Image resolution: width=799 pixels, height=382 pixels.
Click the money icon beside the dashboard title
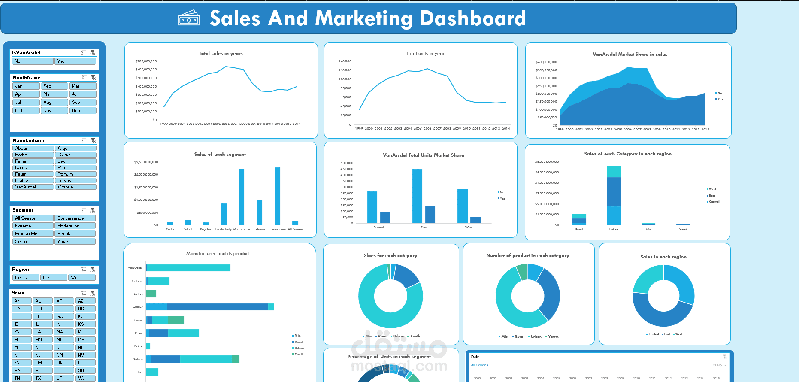tap(189, 18)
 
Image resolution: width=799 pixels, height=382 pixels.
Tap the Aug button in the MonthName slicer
tap(54, 103)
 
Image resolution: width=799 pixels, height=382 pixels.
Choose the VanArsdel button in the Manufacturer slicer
tap(33, 187)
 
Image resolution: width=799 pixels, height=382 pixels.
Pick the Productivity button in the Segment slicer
tap(33, 234)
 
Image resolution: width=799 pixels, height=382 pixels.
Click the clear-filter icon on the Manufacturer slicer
tap(93, 141)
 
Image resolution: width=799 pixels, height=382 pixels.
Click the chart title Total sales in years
tap(221, 54)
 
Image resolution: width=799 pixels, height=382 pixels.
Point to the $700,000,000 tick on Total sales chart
tap(146, 61)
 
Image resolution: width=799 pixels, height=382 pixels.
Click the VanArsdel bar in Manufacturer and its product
tap(188, 268)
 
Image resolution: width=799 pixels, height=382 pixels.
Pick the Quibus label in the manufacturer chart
tap(138, 307)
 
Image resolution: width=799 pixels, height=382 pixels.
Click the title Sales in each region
tap(663, 257)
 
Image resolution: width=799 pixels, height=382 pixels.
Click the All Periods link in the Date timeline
tap(480, 365)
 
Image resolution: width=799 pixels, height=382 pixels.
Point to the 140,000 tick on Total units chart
tap(345, 61)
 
